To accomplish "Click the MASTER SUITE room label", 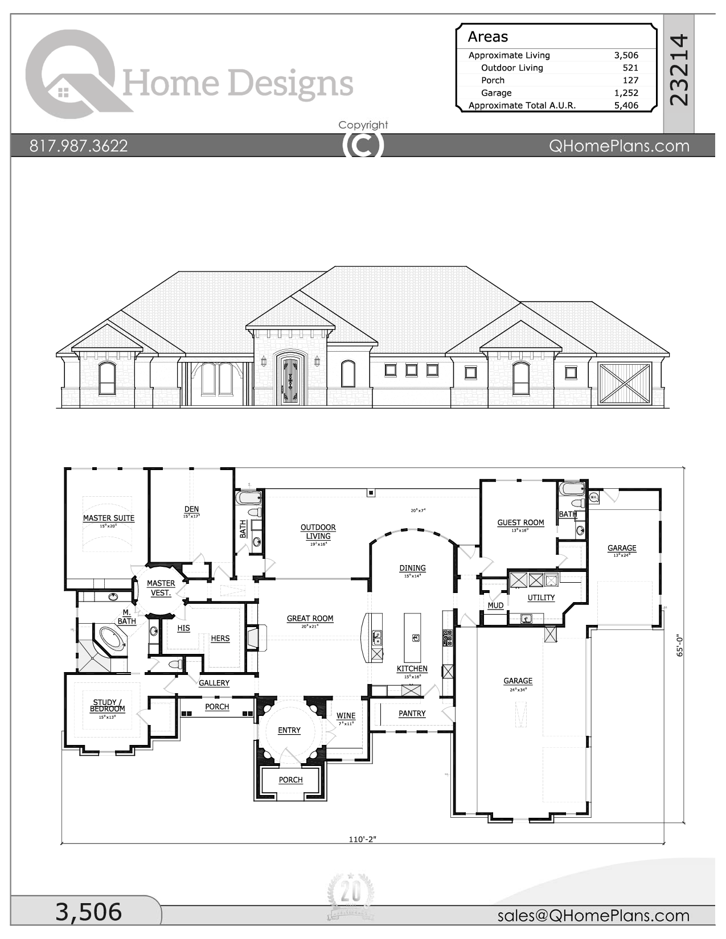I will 108,518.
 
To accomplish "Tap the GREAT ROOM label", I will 310,618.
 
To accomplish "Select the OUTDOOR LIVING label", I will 318,532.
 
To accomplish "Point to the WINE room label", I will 346,716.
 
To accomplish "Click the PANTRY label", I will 412,713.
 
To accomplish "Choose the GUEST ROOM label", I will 520,522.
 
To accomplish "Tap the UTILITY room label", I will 541,598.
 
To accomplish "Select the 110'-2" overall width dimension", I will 363,839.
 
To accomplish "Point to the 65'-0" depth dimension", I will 679,646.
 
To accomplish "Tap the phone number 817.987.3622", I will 79,146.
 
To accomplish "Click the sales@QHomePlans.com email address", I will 593,915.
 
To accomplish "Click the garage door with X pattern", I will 625,383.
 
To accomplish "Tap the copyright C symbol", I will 363,145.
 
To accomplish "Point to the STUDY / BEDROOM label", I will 107,706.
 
